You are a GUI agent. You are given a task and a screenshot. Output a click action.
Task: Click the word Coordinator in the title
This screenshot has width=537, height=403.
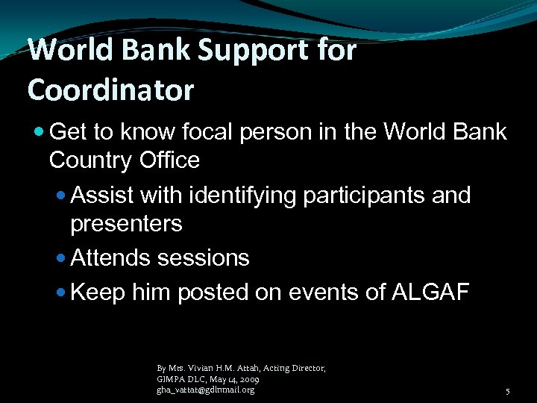tap(110, 90)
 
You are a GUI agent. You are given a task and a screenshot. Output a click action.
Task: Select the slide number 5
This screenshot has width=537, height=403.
tap(507, 392)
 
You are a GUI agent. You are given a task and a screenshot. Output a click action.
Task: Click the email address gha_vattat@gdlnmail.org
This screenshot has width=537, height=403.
tap(205, 390)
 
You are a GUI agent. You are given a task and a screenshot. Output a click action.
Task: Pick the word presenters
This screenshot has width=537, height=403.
tap(126, 223)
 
